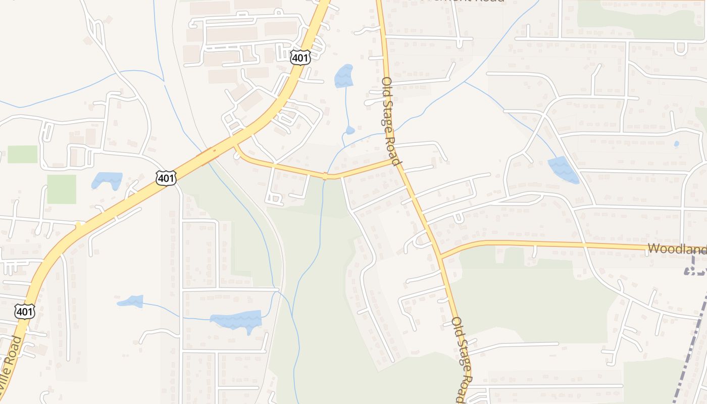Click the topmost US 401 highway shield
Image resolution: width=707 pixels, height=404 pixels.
(300, 58)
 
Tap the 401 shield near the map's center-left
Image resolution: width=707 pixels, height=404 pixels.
(166, 178)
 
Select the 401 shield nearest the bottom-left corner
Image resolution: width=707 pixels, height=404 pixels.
(24, 312)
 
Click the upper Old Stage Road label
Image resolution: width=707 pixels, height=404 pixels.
(391, 121)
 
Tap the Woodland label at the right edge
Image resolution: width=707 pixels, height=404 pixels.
(677, 248)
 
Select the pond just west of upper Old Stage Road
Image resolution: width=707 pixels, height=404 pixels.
(343, 76)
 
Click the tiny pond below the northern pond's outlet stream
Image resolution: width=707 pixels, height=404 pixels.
(350, 130)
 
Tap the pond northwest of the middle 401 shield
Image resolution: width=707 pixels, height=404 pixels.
(107, 179)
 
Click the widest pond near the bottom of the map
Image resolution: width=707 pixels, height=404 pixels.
(236, 320)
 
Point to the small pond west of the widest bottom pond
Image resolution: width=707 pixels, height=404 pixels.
(131, 301)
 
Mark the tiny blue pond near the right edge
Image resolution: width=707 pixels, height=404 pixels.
(676, 144)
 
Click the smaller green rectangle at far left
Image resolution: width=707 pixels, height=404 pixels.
(22, 154)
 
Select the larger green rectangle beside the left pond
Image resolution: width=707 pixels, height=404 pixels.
(62, 189)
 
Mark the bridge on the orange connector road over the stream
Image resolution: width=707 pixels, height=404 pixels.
(325, 176)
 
